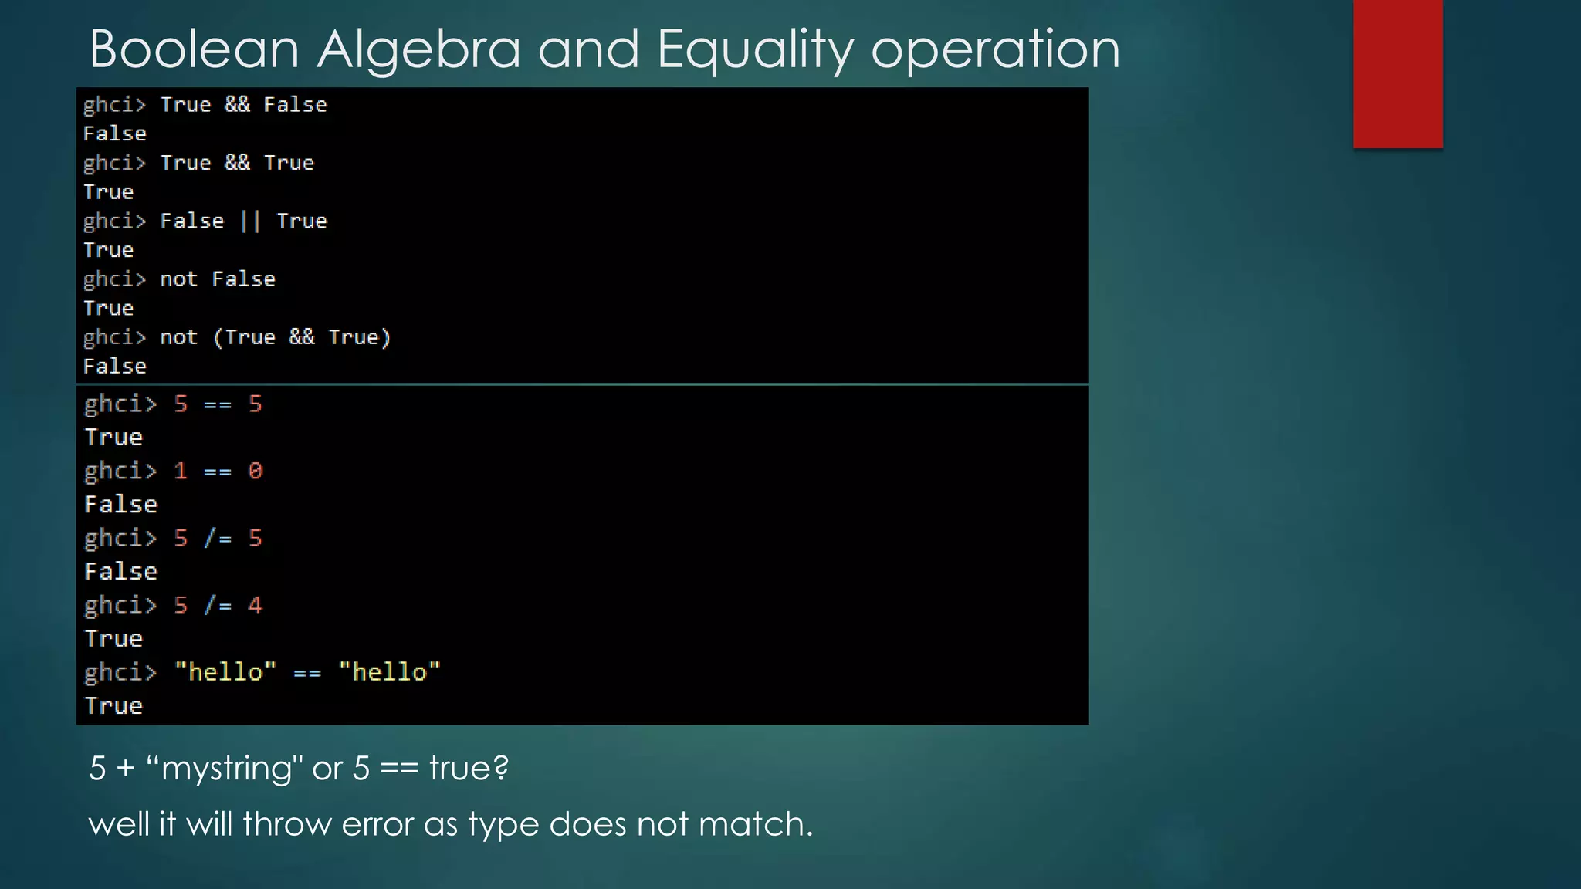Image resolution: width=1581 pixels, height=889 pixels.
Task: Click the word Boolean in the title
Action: pyautogui.click(x=194, y=49)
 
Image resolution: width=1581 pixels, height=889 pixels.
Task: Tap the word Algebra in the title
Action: pyautogui.click(x=418, y=49)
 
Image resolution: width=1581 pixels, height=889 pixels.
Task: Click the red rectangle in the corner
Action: pyautogui.click(x=1397, y=73)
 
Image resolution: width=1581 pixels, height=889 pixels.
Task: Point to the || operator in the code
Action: pyautogui.click(x=250, y=221)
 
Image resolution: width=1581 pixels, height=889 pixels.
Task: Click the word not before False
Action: pyautogui.click(x=178, y=279)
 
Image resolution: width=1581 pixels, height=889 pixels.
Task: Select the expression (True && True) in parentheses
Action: pyautogui.click(x=302, y=337)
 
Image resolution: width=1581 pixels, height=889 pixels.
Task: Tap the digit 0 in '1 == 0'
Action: pyautogui.click(x=256, y=471)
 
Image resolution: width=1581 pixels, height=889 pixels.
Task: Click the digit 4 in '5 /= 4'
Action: pyautogui.click(x=256, y=605)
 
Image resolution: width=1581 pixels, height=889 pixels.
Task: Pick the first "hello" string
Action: pyautogui.click(x=225, y=672)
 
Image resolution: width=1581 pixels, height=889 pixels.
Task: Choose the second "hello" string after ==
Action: pyautogui.click(x=389, y=672)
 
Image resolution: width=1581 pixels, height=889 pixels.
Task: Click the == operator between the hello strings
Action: pyautogui.click(x=306, y=674)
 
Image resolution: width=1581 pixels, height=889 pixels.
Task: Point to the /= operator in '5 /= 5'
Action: pyautogui.click(x=218, y=538)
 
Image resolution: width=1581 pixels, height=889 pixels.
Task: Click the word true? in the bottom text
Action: pyautogui.click(x=469, y=768)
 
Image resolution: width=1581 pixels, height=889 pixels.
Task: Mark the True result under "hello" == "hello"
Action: pyautogui.click(x=113, y=706)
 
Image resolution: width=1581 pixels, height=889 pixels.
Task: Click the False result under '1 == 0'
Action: pyautogui.click(x=120, y=505)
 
